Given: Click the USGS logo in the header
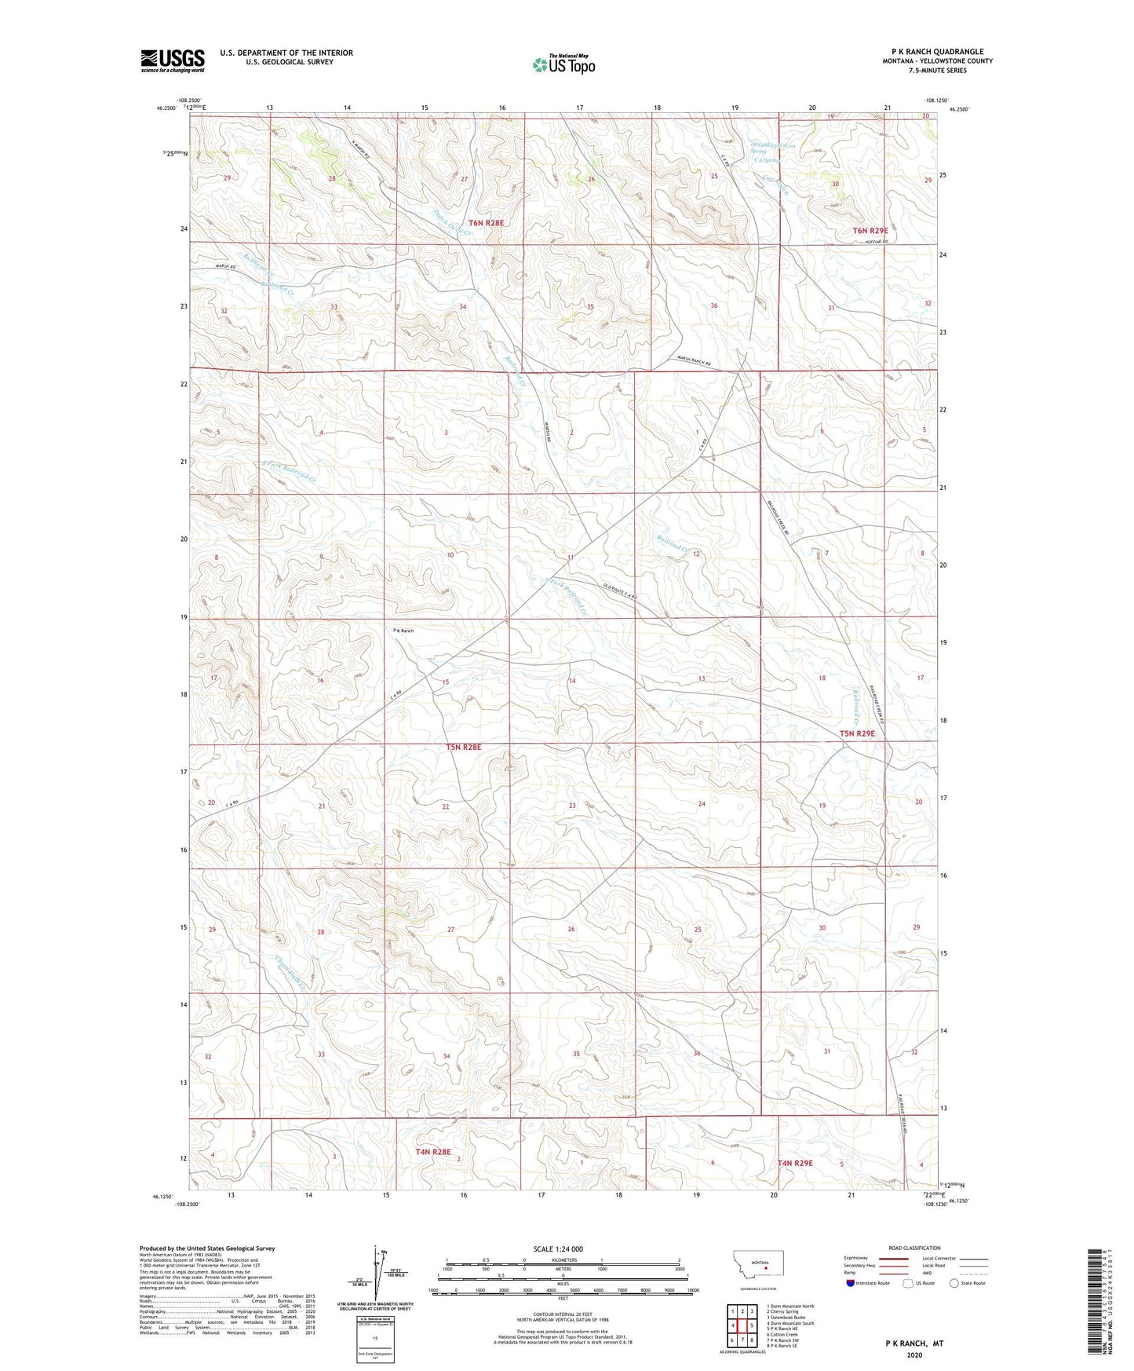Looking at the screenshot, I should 173,60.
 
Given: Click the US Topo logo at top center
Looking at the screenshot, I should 563,64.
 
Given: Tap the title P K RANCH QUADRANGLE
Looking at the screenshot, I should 937,52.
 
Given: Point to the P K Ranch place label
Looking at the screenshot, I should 403,631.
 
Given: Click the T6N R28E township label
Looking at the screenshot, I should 485,223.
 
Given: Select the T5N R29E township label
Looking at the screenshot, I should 857,733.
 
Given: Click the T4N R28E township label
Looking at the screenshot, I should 433,1152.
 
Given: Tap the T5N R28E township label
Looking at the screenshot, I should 463,748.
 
